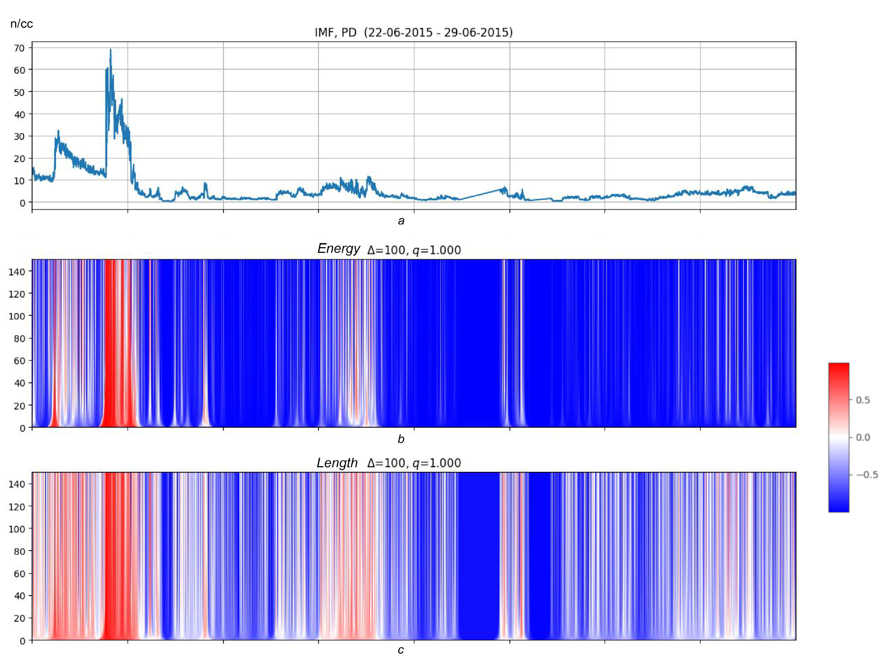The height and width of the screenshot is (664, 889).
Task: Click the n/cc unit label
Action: click(22, 24)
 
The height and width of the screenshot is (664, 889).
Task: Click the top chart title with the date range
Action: click(413, 33)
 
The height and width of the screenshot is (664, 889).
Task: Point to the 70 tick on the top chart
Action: click(19, 48)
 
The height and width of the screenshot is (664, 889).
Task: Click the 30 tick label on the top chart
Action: click(19, 136)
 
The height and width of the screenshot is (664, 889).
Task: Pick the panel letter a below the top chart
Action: click(401, 221)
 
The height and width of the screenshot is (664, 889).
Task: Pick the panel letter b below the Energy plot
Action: click(401, 439)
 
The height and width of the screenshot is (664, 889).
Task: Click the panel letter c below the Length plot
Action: click(401, 650)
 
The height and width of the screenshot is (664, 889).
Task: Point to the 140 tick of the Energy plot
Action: click(17, 272)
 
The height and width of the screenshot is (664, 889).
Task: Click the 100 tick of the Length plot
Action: click(17, 529)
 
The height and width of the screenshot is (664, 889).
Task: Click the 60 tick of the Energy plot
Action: click(19, 361)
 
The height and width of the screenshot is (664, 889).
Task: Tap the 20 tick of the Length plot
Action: click(19, 618)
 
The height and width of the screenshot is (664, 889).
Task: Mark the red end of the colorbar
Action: click(838, 368)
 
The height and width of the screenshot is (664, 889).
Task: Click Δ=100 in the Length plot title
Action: click(386, 463)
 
